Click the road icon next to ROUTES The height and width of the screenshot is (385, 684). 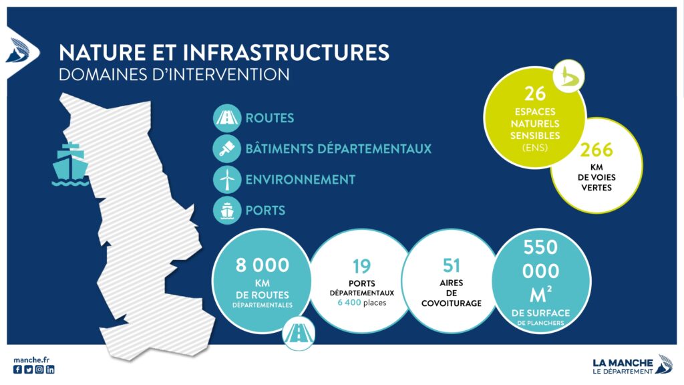(227, 118)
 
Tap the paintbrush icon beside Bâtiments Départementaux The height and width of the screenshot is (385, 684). (227, 149)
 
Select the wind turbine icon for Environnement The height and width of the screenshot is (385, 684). (227, 179)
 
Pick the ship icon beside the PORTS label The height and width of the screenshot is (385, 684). (227, 211)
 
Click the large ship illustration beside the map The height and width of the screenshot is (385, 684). (70, 164)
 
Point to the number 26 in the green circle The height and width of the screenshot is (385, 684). (535, 94)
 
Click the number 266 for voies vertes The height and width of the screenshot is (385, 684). (596, 150)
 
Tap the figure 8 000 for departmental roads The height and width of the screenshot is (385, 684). (262, 265)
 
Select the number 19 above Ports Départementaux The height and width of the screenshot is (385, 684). (361, 266)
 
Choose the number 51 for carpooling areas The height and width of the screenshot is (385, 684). (452, 265)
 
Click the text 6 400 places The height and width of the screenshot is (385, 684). (361, 303)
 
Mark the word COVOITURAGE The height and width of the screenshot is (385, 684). (452, 303)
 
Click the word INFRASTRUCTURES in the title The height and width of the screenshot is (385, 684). (286, 52)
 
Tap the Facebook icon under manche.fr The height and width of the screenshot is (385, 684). (17, 369)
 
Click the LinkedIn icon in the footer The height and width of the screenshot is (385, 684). (50, 369)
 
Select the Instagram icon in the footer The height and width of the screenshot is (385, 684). (39, 369)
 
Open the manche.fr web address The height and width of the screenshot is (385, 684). (31, 360)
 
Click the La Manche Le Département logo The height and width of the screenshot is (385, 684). (632, 365)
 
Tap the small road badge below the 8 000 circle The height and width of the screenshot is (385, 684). (299, 335)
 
